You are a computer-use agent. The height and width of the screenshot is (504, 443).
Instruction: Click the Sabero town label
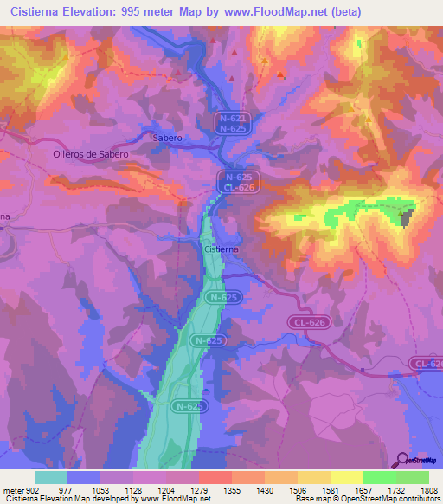tap(167, 138)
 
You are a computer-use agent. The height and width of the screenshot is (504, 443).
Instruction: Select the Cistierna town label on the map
tap(220, 249)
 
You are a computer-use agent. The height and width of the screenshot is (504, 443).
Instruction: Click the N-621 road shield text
tap(233, 118)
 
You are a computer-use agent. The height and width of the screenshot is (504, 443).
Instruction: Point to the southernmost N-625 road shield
tap(189, 405)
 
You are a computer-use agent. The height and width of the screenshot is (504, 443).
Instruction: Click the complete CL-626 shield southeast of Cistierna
tap(305, 322)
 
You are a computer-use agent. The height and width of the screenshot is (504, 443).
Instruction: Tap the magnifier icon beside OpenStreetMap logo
tap(400, 462)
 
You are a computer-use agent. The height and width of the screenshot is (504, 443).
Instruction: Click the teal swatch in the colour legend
tap(51, 477)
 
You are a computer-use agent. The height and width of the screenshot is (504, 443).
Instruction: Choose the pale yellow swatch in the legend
tap(346, 477)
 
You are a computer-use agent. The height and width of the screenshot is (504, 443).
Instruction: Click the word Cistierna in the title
tap(39, 10)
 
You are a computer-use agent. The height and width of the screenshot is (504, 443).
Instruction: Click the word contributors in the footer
tap(420, 500)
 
